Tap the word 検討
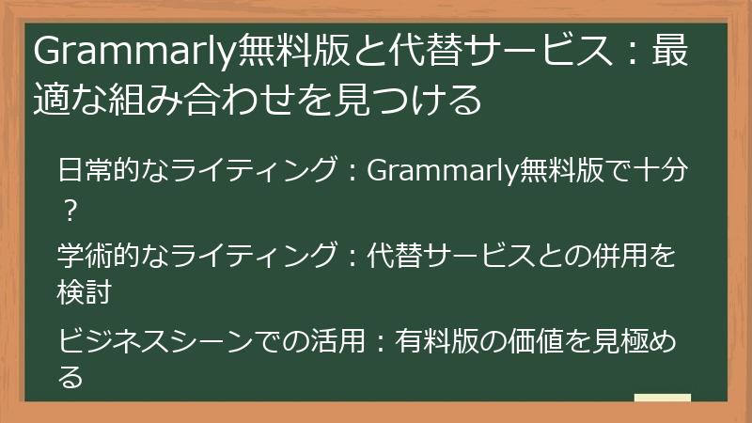[85, 291]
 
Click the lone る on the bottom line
[69, 375]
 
